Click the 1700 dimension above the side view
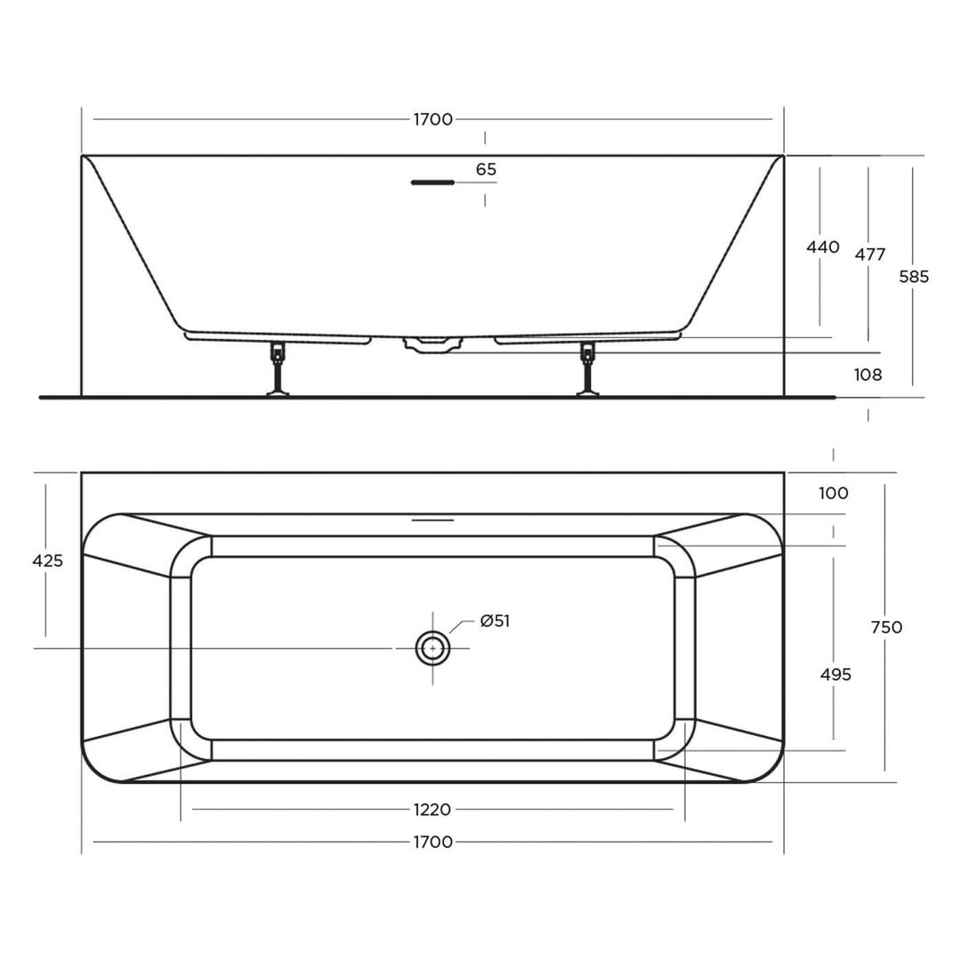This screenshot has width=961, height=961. pos(432,119)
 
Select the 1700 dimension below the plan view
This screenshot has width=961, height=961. pos(432,842)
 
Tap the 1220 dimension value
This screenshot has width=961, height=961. pos(432,810)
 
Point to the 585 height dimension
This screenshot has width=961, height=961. pos(913,277)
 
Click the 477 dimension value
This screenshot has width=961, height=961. pos(869,254)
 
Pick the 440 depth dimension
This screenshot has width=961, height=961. pos(822,247)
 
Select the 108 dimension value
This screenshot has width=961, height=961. pos(868,376)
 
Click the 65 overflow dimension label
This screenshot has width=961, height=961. pos(486,169)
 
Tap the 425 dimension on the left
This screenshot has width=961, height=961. pos(47,561)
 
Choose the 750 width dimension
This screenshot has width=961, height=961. pos(885,627)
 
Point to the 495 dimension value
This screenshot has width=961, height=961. pos(835,674)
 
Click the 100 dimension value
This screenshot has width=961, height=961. pos(833,493)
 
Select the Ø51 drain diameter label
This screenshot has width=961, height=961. pos(495,621)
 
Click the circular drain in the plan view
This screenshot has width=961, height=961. pos(432,649)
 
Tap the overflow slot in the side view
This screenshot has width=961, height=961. pos(432,182)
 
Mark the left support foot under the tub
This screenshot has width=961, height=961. pos(279,368)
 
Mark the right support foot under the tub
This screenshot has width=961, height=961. pos(587,368)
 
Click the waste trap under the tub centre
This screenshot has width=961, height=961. pos(432,344)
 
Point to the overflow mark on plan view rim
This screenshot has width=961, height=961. pos(432,519)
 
